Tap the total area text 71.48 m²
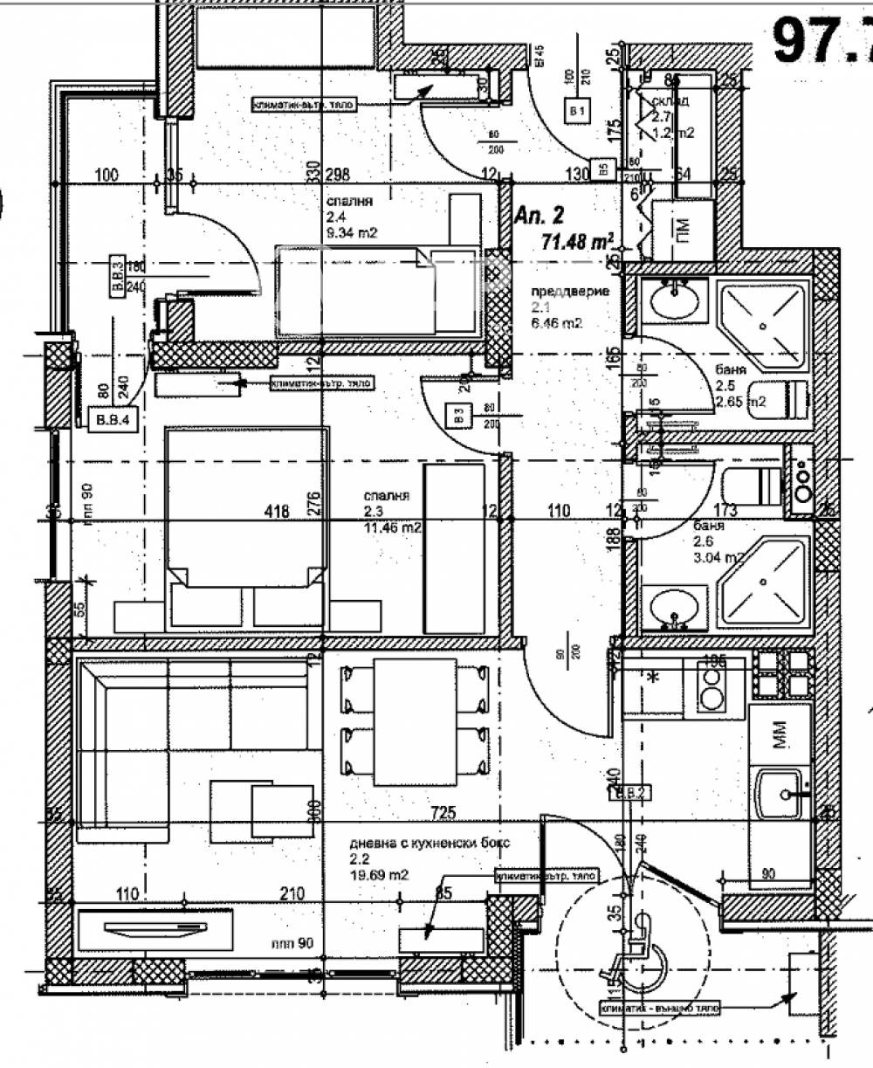tap(577, 241)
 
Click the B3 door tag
tap(457, 416)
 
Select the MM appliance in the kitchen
tap(780, 733)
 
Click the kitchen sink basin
tap(779, 794)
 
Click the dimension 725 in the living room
tap(443, 814)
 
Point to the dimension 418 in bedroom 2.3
tap(277, 512)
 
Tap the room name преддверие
tap(570, 292)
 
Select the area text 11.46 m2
tap(394, 527)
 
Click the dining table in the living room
tap(415, 722)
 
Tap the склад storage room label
tap(670, 101)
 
